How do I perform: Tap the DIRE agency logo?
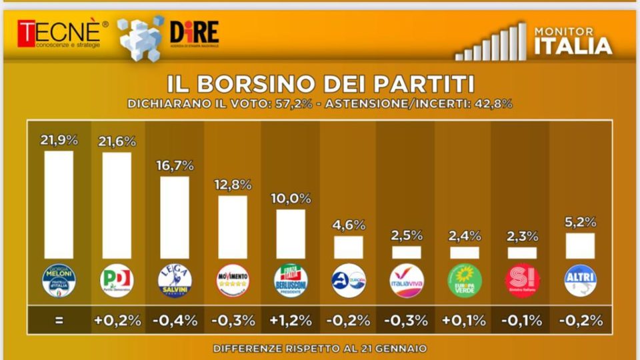tap(193, 33)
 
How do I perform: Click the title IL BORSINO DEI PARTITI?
tap(320, 84)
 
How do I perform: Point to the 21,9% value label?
tap(59, 140)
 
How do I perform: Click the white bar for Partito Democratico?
tap(117, 205)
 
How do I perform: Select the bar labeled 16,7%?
tap(175, 217)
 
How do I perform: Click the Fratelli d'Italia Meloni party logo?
tap(59, 281)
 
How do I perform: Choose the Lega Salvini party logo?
tap(175, 281)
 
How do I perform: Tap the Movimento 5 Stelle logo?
tap(233, 281)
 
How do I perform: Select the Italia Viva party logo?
tap(407, 281)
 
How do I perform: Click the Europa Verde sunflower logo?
tap(465, 281)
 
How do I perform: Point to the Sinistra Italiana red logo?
tap(523, 281)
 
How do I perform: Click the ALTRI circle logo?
tap(581, 281)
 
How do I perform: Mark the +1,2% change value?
tap(291, 320)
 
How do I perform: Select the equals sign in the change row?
tap(59, 320)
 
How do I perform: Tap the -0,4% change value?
tap(175, 320)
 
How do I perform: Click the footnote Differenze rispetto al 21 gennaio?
tap(320, 348)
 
